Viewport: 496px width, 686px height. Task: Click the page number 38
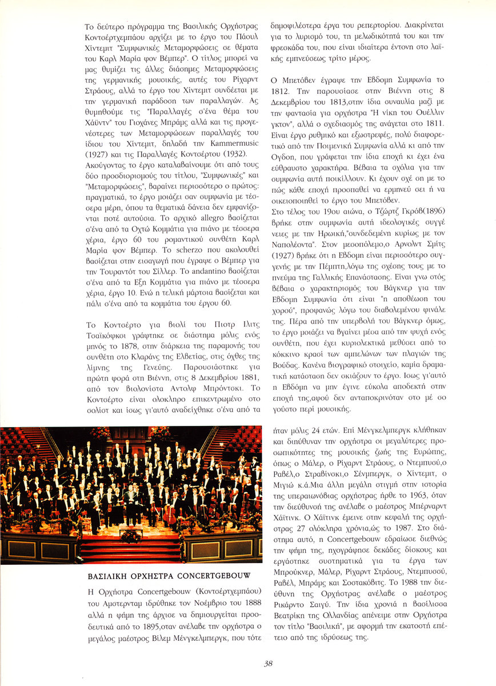pos(269,664)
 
